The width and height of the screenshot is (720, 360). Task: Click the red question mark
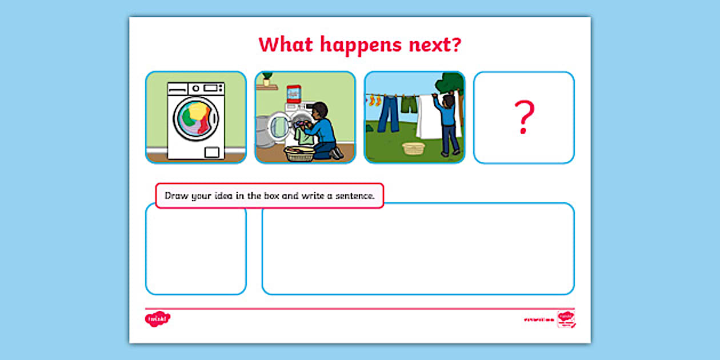click(523, 117)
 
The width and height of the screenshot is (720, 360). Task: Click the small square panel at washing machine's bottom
click(212, 151)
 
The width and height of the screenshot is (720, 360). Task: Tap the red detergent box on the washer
click(294, 94)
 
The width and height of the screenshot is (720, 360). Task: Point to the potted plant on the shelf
click(266, 79)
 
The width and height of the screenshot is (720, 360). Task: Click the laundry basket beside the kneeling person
click(299, 153)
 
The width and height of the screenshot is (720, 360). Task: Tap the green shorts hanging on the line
click(409, 104)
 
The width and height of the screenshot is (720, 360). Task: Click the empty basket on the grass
click(414, 149)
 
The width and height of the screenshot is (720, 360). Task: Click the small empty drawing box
click(195, 251)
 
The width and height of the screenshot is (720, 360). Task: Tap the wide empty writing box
click(418, 249)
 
